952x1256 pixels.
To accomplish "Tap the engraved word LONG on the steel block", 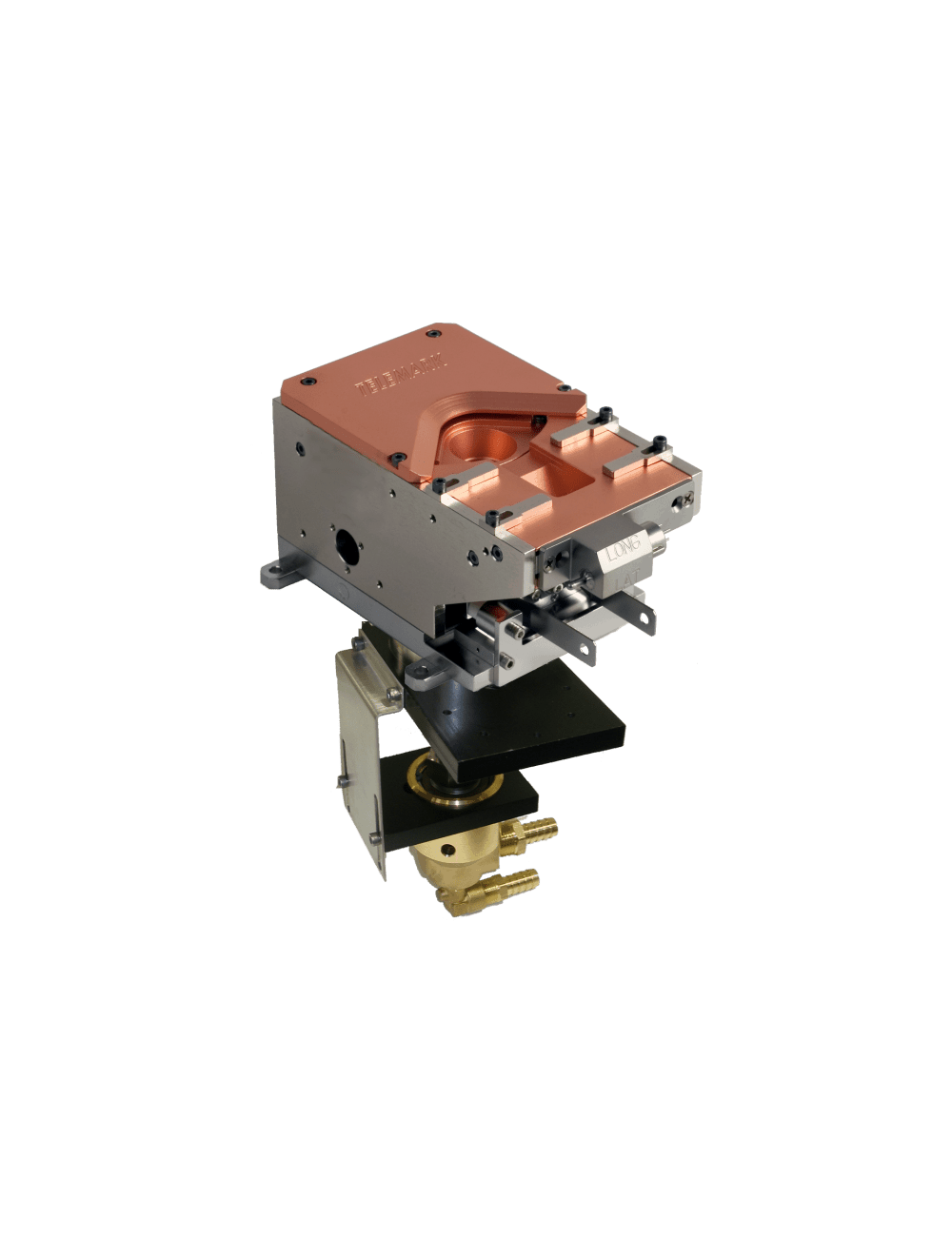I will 625,548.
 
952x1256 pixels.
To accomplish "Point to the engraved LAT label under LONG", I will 626,576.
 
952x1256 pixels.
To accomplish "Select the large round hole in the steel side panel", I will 346,544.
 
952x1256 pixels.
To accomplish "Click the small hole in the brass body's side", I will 447,846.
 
